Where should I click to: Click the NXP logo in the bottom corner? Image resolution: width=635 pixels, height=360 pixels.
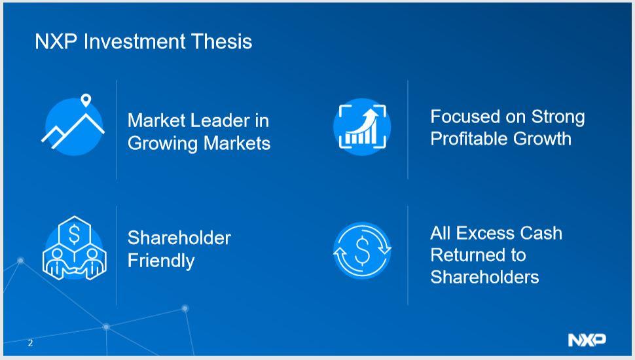[587, 340]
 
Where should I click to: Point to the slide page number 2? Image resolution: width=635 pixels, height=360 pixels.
[30, 343]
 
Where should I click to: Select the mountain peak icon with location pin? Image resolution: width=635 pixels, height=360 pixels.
[74, 126]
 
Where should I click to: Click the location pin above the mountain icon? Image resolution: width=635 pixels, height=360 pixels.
[86, 101]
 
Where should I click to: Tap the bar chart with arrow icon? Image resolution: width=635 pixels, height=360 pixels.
[362, 126]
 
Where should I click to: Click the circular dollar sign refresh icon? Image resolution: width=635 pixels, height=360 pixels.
[362, 251]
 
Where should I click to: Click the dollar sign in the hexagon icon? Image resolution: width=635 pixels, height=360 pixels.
[74, 233]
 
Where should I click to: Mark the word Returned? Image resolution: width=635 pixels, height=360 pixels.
[469, 255]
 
